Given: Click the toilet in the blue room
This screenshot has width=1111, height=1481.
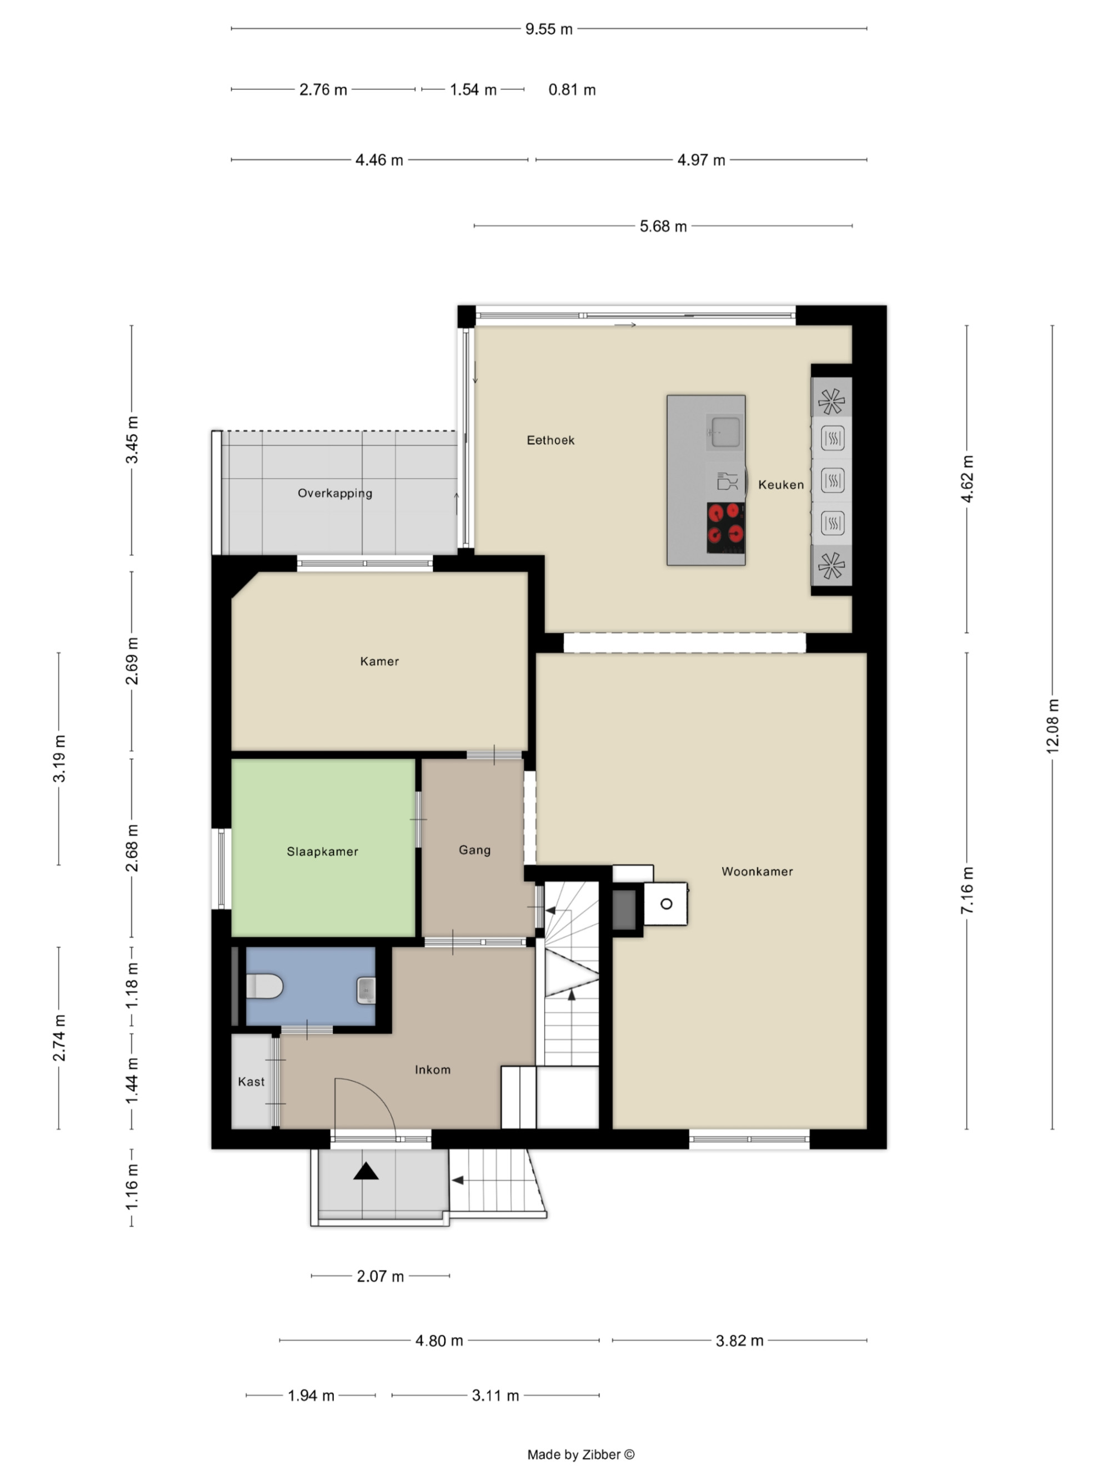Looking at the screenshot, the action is pos(264,986).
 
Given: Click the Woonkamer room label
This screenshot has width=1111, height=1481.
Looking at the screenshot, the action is pos(757,871).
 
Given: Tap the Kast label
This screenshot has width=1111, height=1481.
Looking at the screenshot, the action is pos(251,1081).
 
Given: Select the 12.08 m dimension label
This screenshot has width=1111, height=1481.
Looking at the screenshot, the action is pos(1052,726).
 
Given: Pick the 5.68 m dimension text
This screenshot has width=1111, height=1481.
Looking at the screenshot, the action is pos(663,227).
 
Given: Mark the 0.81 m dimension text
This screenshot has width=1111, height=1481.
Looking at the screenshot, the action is pos(572,90).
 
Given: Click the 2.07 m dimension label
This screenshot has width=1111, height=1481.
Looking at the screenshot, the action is pos(381,1276).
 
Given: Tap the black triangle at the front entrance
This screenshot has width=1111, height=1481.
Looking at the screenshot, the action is pos(366,1171).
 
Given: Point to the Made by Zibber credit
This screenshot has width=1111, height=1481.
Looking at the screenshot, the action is pos(580,1454).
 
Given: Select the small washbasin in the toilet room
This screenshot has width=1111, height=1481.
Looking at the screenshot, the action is pos(366,990).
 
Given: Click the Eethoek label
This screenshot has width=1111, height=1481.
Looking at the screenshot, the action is pos(551,440).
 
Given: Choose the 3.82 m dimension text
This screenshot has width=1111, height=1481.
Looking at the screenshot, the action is pos(739,1341).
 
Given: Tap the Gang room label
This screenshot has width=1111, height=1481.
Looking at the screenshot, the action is pos(474,850).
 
